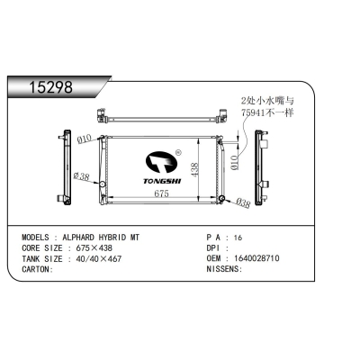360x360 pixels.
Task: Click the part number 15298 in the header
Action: [51, 87]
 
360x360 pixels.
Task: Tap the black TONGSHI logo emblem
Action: [161, 162]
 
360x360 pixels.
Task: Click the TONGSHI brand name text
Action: [162, 181]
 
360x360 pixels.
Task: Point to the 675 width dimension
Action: [161, 193]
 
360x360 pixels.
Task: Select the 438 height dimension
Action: [194, 169]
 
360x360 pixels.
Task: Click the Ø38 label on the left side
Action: [81, 176]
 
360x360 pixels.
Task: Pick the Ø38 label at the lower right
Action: [242, 203]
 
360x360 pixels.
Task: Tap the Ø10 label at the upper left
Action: [84, 139]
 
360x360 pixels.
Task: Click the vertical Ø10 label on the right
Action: [235, 163]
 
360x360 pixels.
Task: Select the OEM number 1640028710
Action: [256, 258]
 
